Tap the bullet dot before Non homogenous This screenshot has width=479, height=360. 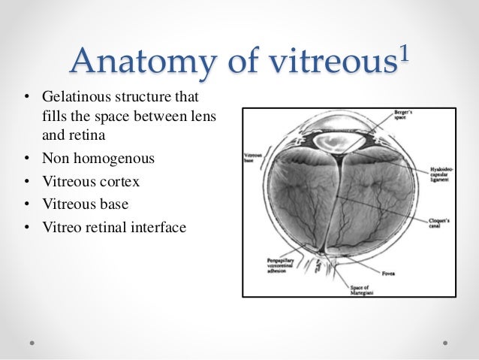26,159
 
